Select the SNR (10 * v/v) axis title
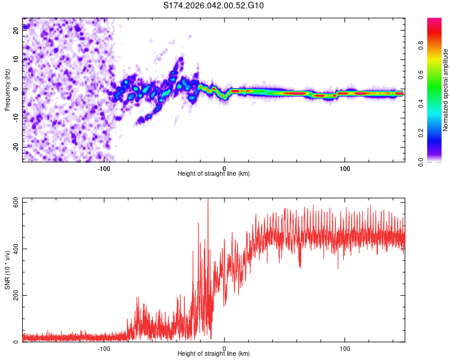pos(7,270)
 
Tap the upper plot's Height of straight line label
pos(214,174)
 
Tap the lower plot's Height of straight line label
pos(214,354)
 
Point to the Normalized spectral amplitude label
pos(446,90)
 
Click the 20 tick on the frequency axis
pos(16,32)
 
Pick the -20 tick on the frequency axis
pos(16,147)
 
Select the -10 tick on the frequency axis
pos(16,118)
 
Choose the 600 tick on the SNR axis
pos(13,202)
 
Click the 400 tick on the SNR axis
pos(13,249)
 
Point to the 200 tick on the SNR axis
pos(13,296)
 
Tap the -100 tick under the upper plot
pos(104,168)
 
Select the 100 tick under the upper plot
pos(345,168)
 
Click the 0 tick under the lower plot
pos(224,348)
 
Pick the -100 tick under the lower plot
pos(104,348)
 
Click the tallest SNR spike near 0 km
pos(208,200)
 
